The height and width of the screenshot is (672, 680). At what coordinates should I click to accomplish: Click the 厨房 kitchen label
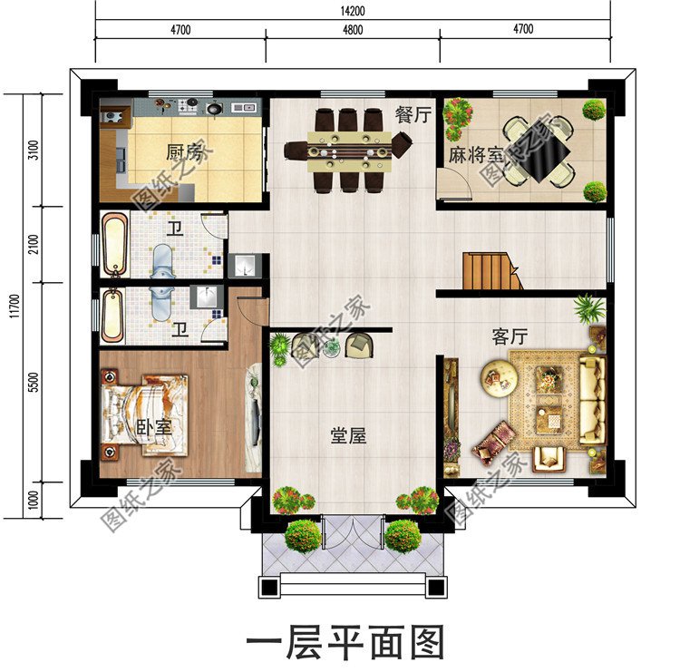click(x=183, y=151)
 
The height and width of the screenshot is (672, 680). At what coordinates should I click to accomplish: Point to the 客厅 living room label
click(x=510, y=336)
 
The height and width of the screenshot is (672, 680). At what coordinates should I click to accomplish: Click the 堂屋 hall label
click(x=347, y=435)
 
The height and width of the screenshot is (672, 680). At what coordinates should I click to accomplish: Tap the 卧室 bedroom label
click(x=154, y=427)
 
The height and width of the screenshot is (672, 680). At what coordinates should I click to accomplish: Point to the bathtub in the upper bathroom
click(x=114, y=243)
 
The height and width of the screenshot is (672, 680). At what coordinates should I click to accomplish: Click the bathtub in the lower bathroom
click(x=112, y=315)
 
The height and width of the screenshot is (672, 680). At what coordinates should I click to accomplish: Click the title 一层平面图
click(x=345, y=643)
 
